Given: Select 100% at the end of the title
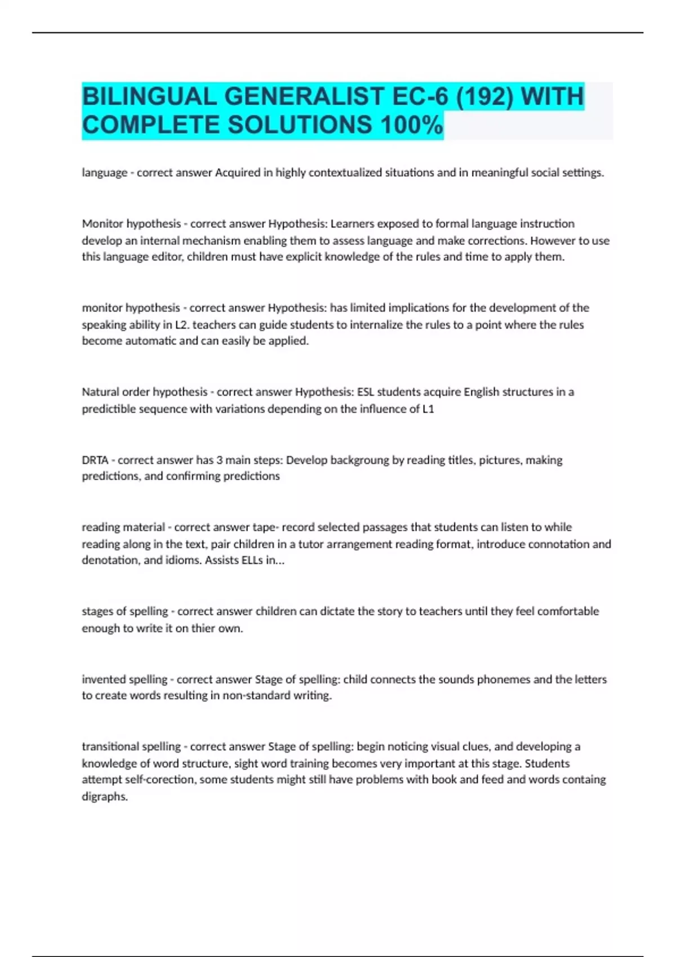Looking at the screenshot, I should (x=411, y=125).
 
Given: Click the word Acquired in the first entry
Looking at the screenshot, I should (x=237, y=173).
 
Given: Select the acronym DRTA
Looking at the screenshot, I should (x=95, y=460).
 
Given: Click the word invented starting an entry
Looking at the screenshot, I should (x=102, y=679).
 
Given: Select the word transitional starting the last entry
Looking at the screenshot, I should (x=110, y=746).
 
